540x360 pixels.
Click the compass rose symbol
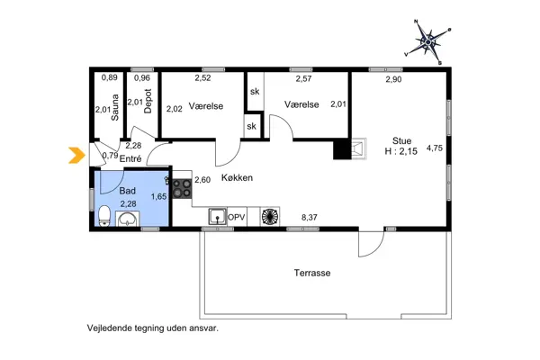tap(430, 40)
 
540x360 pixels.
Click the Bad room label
tap(129, 192)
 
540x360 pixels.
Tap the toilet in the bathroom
tap(104, 216)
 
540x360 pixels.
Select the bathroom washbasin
tap(128, 219)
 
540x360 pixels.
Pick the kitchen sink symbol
tap(216, 217)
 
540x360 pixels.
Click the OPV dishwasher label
tap(237, 218)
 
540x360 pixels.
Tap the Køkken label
tap(235, 178)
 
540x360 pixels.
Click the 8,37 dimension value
tap(309, 217)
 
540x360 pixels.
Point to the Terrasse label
tap(311, 272)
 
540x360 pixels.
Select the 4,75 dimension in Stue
tap(435, 148)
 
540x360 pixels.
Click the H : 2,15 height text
tap(401, 153)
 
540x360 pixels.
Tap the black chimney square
tap(341, 150)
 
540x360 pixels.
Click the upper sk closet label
tap(254, 91)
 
